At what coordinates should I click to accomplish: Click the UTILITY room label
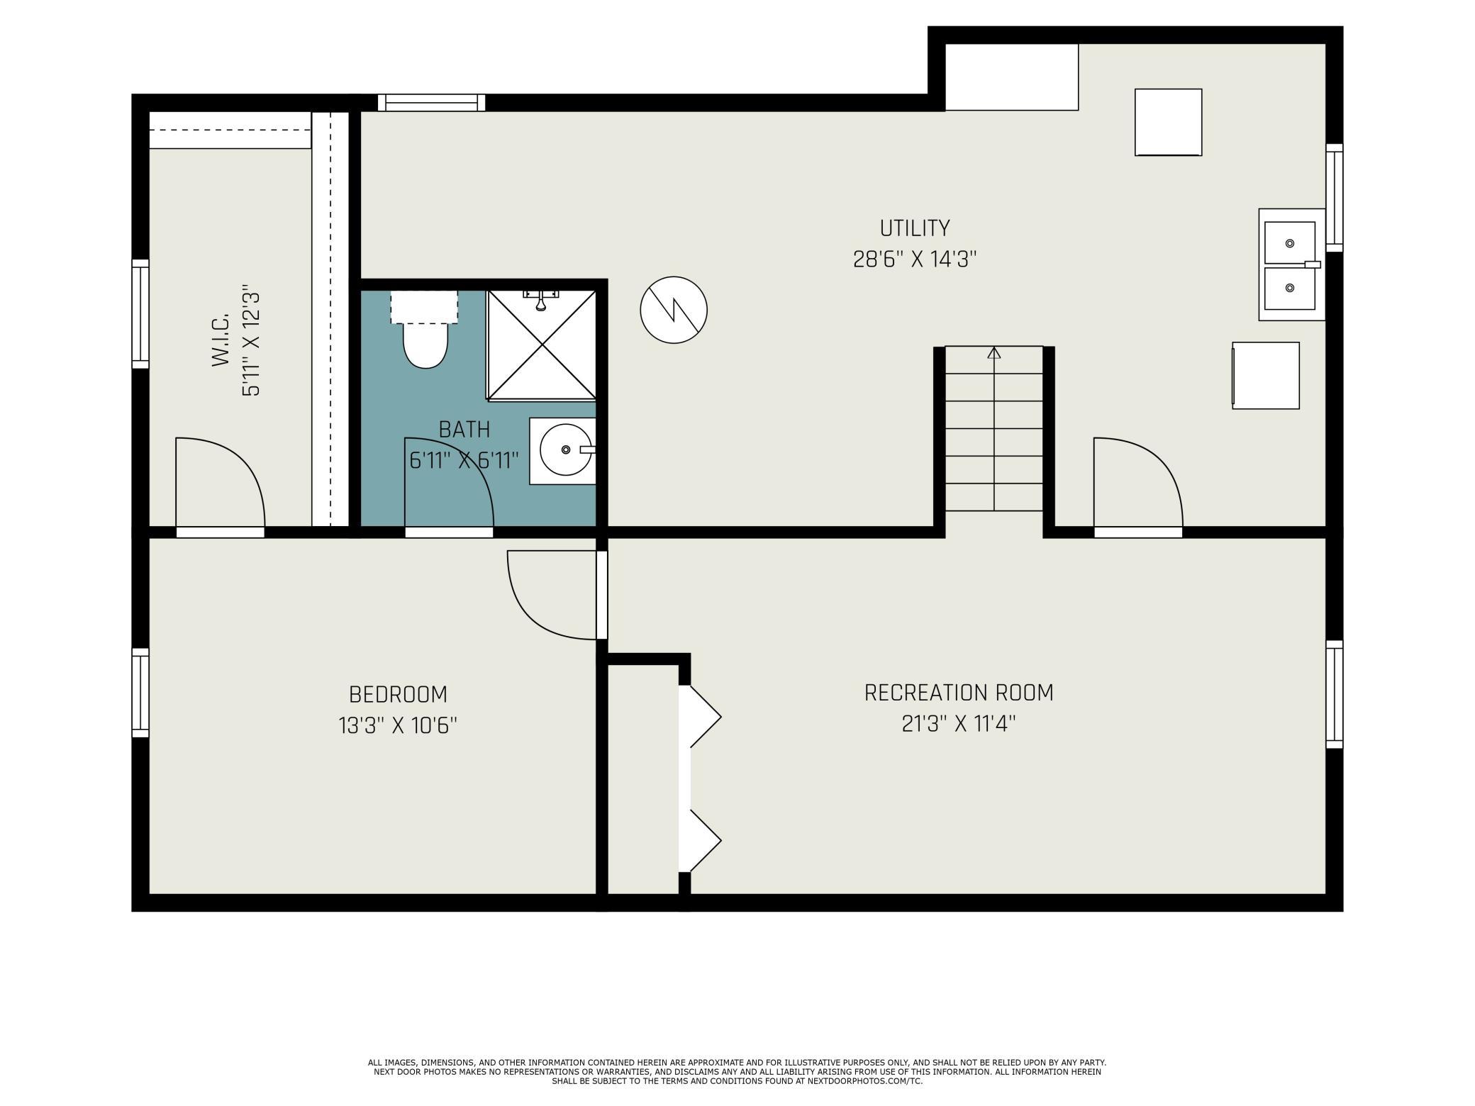pos(914,228)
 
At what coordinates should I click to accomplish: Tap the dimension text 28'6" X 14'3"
pos(915,259)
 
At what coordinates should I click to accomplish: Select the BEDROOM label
pos(398,694)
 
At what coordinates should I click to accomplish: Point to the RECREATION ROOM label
pos(959,693)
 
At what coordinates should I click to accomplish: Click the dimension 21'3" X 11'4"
pos(959,725)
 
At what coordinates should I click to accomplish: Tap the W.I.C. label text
pos(221,340)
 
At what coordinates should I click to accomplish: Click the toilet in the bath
pos(425,330)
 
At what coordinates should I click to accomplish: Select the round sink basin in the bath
pos(565,449)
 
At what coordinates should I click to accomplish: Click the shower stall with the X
pos(542,345)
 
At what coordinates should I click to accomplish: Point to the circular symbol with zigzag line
pos(674,310)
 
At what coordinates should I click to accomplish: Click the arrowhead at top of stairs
pos(994,352)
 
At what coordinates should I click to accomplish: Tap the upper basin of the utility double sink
pos(1290,243)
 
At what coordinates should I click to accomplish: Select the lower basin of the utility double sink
pos(1290,288)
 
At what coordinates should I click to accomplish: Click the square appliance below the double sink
pos(1266,376)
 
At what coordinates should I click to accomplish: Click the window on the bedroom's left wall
pos(140,693)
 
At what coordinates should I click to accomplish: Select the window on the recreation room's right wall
pos(1335,695)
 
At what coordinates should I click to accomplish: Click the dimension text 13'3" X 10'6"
pos(398,726)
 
